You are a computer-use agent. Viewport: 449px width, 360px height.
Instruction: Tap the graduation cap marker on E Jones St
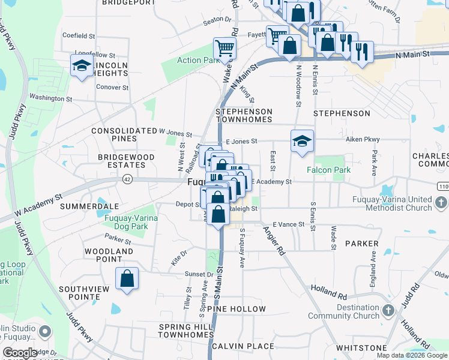point(302,141)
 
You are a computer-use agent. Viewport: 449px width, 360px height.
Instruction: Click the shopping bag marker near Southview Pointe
point(127,278)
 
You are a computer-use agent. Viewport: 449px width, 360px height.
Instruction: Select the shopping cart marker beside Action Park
point(224,49)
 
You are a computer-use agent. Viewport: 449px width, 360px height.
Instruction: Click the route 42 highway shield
point(127,179)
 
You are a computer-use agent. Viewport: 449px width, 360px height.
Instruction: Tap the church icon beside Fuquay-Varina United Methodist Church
point(441,203)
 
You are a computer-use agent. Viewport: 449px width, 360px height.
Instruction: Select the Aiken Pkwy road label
point(363,139)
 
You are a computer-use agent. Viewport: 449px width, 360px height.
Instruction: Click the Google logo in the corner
point(20,353)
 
